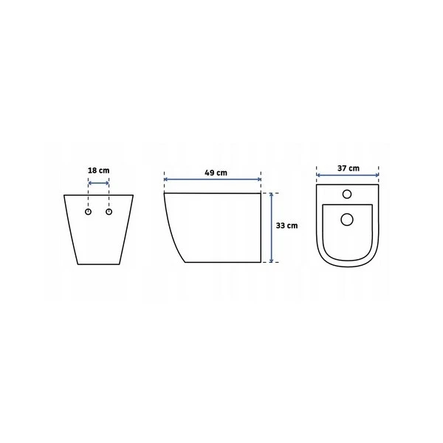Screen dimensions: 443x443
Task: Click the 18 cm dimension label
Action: point(99,171)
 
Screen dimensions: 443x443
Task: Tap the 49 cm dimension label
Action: point(216,173)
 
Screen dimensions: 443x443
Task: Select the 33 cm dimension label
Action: point(286,226)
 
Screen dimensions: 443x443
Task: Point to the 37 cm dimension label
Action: point(348,168)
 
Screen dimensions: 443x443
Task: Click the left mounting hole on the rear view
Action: point(88,212)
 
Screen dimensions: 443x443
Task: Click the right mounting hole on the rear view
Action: point(109,212)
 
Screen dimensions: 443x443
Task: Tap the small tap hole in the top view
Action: point(347,194)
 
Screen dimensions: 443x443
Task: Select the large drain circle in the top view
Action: point(347,219)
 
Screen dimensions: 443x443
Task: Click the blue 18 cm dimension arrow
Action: point(99,183)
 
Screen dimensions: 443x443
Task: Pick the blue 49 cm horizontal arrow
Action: point(213,179)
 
